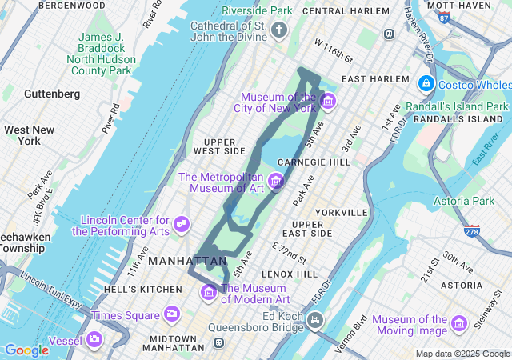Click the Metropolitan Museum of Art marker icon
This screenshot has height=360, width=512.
pos(277,182)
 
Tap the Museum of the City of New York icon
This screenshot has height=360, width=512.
pos(327,102)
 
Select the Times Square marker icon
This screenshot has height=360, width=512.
pos(171,314)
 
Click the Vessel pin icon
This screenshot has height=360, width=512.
pos(95,339)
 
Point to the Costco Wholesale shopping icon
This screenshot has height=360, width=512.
pos(426,83)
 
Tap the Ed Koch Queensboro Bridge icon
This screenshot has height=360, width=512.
pos(316,322)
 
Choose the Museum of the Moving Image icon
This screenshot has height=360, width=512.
pos(458,323)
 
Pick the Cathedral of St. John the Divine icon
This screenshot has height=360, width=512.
pos(279,31)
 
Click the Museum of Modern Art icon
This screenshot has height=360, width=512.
pos(210,292)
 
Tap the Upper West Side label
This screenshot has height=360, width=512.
pos(219,146)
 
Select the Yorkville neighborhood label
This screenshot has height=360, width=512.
pos(342,213)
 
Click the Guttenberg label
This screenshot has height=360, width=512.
pos(52,94)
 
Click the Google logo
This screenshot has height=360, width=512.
pos(26,350)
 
